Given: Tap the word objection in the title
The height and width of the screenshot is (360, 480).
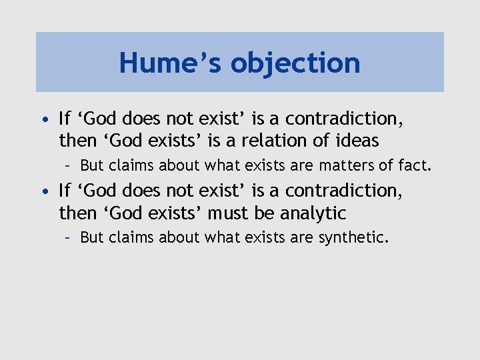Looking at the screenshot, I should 295,64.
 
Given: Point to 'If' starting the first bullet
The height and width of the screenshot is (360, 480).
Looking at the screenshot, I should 65,119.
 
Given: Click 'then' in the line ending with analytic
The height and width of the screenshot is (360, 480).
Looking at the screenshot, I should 76,213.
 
